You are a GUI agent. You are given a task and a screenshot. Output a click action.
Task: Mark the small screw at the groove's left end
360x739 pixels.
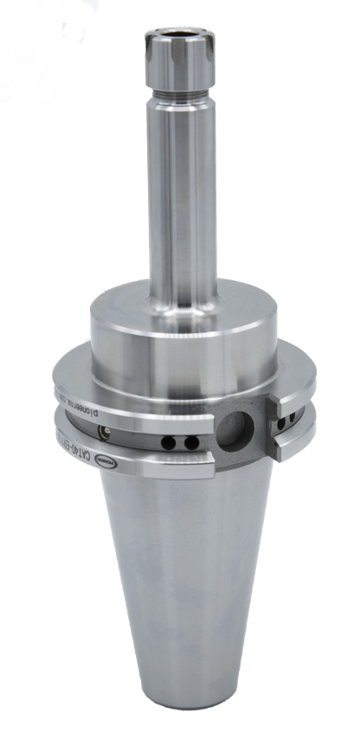pos(104,431)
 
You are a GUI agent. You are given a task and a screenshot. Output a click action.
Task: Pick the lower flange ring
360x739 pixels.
pos(164,463)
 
